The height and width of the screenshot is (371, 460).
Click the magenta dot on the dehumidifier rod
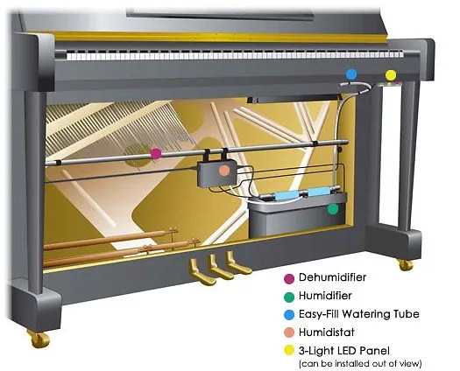click(x=156, y=153)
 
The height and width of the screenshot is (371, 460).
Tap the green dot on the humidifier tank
click(x=333, y=209)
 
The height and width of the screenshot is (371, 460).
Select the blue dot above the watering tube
click(x=351, y=74)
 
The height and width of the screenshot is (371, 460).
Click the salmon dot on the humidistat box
click(x=223, y=171)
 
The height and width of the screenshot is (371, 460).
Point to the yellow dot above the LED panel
click(x=391, y=75)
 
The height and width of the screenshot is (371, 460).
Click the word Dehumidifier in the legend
click(x=332, y=277)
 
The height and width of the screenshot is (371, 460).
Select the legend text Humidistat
click(x=327, y=332)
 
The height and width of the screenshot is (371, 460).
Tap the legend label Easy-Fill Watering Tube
click(x=358, y=314)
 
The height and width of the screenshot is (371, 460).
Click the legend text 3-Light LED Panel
click(x=344, y=351)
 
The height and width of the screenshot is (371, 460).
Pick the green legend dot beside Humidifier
click(x=289, y=297)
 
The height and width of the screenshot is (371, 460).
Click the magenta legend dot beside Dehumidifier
click(x=289, y=279)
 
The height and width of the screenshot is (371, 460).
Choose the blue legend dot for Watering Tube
click(x=289, y=315)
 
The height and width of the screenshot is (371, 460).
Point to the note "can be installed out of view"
click(x=360, y=364)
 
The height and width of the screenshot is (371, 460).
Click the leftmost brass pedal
click(x=201, y=272)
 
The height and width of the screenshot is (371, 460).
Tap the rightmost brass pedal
click(x=237, y=263)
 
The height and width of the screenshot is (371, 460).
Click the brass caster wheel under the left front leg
click(x=39, y=339)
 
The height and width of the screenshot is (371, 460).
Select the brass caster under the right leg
click(x=405, y=264)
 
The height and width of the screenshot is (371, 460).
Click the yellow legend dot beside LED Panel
click(x=289, y=350)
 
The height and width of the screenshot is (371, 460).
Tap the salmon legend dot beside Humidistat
click(x=289, y=332)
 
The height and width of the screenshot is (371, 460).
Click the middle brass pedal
click(x=219, y=267)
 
